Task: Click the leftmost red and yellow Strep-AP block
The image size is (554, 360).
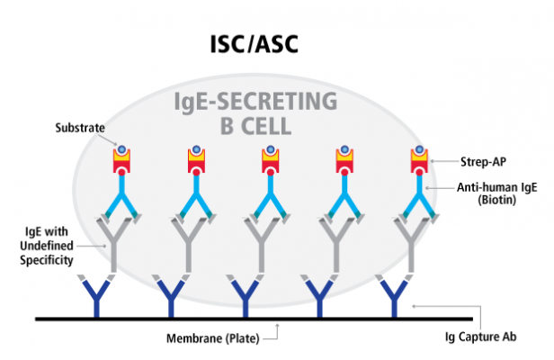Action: [121, 161]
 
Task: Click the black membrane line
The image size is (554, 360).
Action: [270, 319]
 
